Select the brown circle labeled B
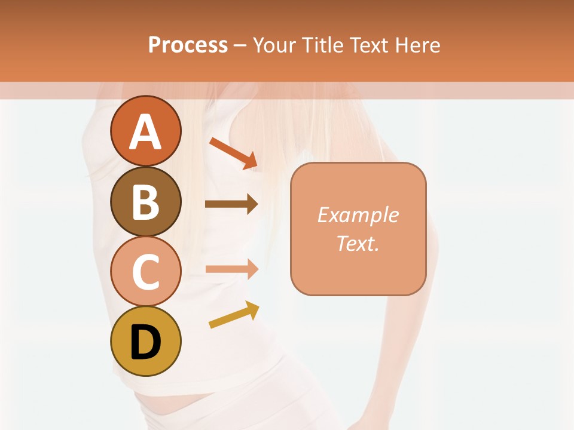point(145,201)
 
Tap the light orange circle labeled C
point(145,272)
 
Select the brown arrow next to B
point(231,204)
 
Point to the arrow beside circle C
point(231,269)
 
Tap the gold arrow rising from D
point(234,315)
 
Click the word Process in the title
point(188,45)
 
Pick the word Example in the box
point(358,215)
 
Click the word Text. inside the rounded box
point(358,243)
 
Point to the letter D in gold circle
point(145,342)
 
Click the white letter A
point(145,132)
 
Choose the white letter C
point(145,272)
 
